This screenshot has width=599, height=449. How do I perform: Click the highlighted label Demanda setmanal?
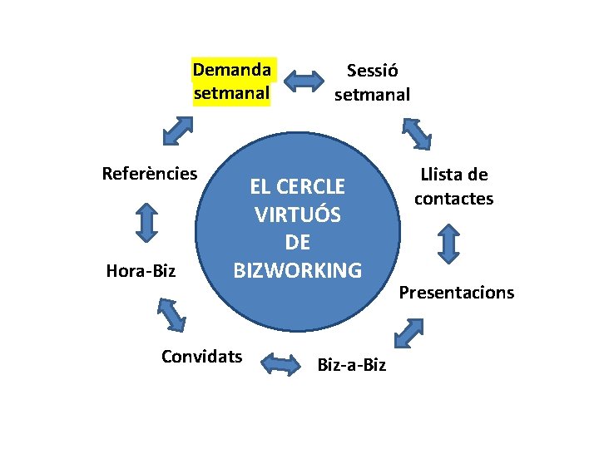pyautogui.click(x=231, y=81)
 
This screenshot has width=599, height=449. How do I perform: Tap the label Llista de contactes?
pyautogui.click(x=453, y=187)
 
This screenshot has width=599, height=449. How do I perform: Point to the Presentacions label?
pyautogui.click(x=457, y=293)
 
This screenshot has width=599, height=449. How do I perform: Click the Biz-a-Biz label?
pyautogui.click(x=352, y=365)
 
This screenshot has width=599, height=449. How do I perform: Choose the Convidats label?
pyautogui.click(x=202, y=357)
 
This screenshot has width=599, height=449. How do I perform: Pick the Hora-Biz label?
pyautogui.click(x=141, y=270)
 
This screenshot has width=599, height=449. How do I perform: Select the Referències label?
pyautogui.click(x=149, y=174)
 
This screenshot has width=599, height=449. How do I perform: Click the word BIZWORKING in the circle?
pyautogui.click(x=298, y=270)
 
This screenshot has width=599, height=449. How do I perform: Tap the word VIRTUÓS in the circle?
pyautogui.click(x=298, y=215)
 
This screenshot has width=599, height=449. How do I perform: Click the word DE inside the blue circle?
pyautogui.click(x=297, y=242)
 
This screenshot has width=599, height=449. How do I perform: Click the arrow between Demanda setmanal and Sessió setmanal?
pyautogui.click(x=304, y=81)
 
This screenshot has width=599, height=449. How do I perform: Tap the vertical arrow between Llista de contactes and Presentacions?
pyautogui.click(x=448, y=244)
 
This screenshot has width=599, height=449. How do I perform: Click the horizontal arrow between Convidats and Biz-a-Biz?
pyautogui.click(x=280, y=363)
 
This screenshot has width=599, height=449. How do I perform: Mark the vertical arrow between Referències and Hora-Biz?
pyautogui.click(x=147, y=222)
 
